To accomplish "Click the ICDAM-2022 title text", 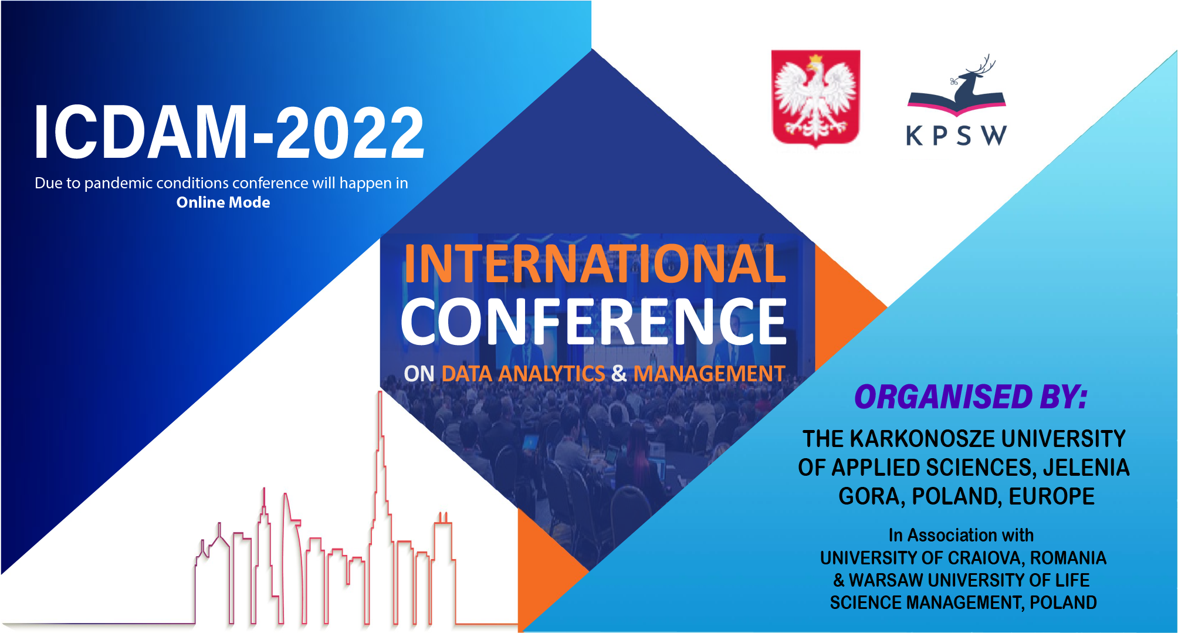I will click(x=229, y=133).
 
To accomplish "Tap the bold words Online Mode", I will click(x=223, y=202).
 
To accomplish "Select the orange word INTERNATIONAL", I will click(x=594, y=263).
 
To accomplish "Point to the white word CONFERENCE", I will click(x=594, y=321).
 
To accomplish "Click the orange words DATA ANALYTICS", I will click(x=523, y=374).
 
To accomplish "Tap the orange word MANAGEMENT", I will click(x=709, y=374).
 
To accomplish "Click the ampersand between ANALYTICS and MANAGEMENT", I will click(x=619, y=374).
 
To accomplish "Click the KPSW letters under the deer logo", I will click(x=957, y=136).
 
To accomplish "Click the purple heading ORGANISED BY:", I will click(x=971, y=397).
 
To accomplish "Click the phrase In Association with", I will click(x=961, y=535).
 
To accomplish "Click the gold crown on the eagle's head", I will click(x=815, y=59).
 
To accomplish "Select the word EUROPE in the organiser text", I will click(x=1051, y=496).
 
